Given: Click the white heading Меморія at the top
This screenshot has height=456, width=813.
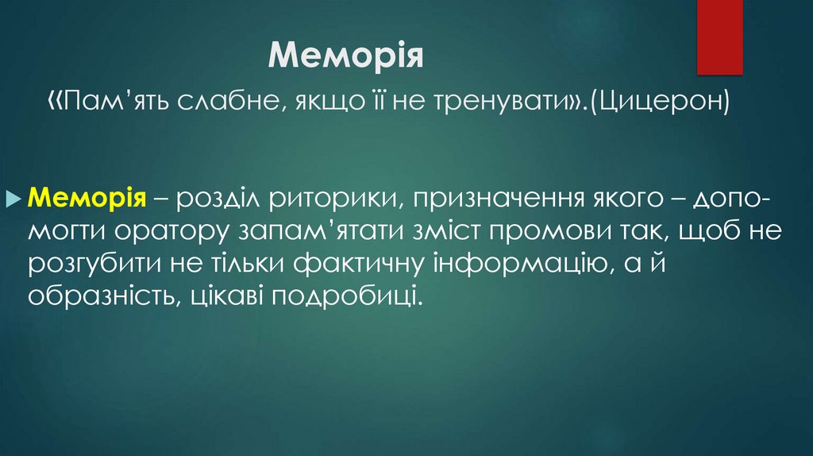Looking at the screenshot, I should click(x=346, y=56).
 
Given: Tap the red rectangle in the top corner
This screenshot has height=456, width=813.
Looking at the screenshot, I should click(x=719, y=37).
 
